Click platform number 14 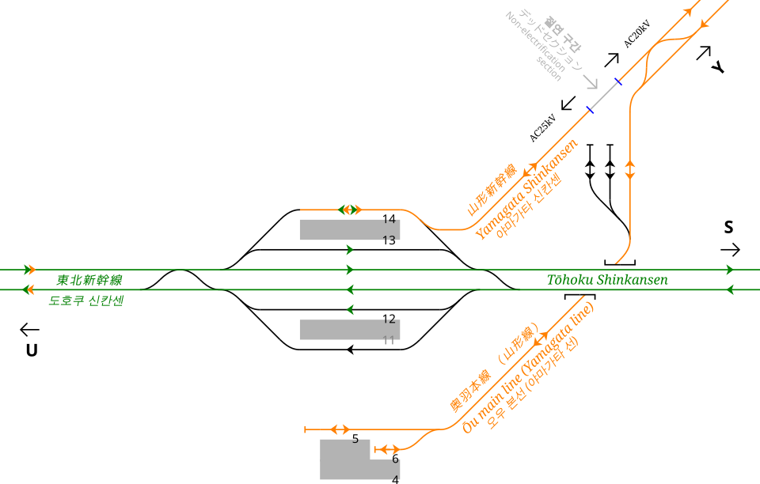[389, 219]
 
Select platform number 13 [389, 240]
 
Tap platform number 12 [389, 320]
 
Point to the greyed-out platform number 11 [389, 341]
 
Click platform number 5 [355, 439]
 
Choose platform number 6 [395, 459]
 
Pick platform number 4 [395, 479]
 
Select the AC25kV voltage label [543, 128]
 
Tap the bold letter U [32, 350]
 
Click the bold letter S [729, 228]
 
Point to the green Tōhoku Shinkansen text [607, 280]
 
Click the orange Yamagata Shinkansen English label [526, 189]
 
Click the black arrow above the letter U [30, 329]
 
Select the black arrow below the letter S [731, 250]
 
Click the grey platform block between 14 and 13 [349, 229]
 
